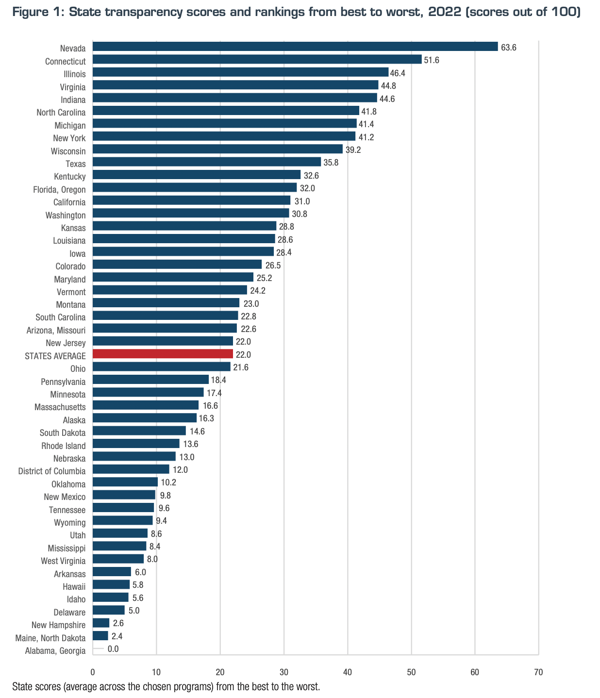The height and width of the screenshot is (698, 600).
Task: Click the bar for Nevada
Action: (295, 47)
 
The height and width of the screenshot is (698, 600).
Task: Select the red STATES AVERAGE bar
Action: (163, 354)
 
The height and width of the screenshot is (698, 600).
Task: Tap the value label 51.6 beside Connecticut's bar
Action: (432, 60)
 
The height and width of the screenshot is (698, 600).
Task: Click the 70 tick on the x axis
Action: (538, 672)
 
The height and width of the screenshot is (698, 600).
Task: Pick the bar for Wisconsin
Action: (217, 149)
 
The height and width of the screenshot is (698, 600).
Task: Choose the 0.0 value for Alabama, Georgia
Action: (113, 649)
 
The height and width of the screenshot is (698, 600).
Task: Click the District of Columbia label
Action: (52, 471)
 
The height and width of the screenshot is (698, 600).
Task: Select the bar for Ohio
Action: (161, 366)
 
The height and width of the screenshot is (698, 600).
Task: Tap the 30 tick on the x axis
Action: (284, 672)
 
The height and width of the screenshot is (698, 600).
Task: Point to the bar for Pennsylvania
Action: (150, 380)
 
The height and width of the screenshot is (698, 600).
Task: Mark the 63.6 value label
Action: (509, 48)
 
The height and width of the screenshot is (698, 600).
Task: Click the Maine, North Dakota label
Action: (50, 638)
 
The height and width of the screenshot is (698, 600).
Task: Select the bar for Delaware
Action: (108, 610)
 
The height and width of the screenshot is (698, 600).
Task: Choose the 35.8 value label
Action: (331, 163)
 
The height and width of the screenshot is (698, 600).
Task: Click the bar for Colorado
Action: (177, 265)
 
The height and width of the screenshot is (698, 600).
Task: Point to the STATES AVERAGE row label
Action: (55, 356)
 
